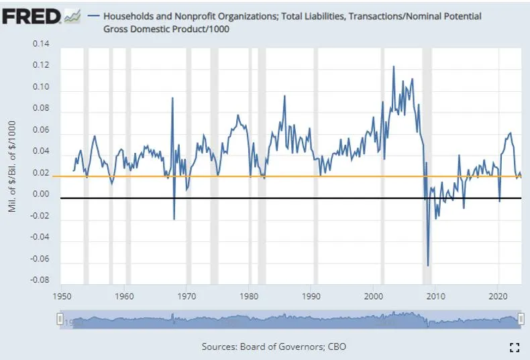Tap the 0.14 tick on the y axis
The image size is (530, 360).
41,44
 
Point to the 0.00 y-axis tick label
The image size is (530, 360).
41,195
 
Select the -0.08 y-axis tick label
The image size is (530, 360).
40,280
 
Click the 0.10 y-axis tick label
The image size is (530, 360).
41,87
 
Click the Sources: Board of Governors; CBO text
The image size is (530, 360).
274,347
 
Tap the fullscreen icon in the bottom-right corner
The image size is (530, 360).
515,347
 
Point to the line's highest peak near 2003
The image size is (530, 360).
393,66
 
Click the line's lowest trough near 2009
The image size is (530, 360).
427,265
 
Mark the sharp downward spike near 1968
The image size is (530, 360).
174,219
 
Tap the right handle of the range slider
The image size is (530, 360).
521,321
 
